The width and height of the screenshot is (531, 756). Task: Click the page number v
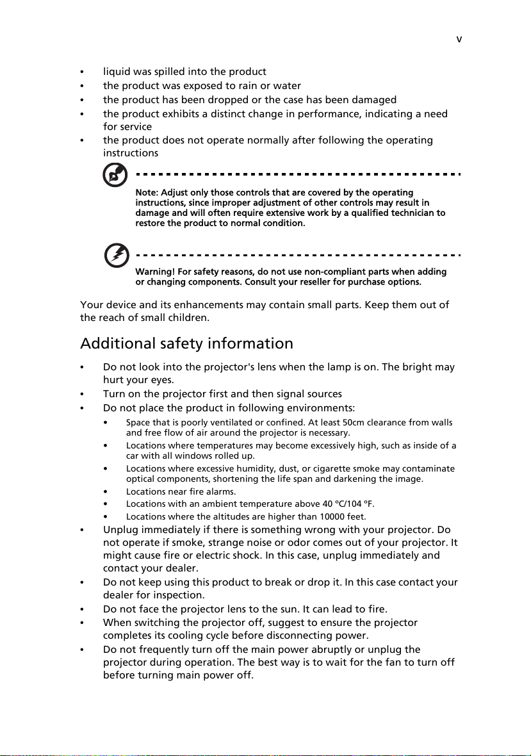coord(459,38)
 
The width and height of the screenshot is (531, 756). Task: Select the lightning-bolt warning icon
coord(117,256)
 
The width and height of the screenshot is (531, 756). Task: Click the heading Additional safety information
coord(186,343)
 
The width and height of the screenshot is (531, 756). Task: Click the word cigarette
coord(345,469)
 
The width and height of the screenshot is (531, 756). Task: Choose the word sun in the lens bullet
coord(341,608)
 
